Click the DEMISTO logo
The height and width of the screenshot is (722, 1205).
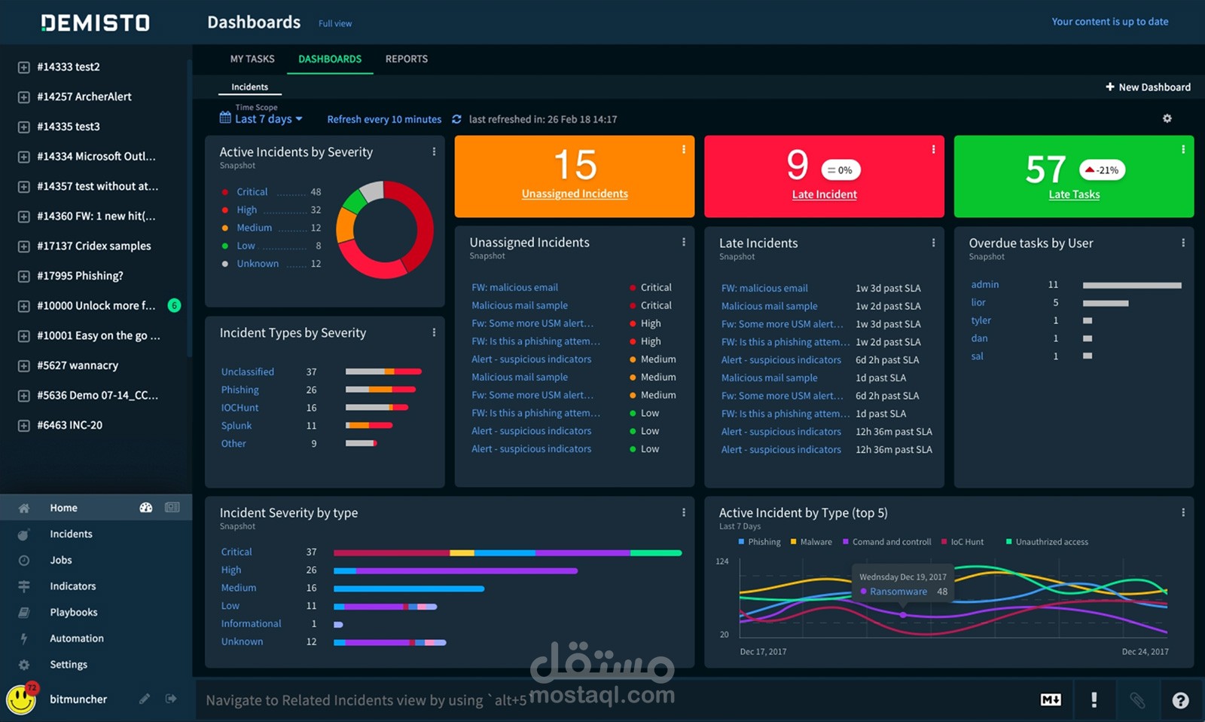coord(95,23)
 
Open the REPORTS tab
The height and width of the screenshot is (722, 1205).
coord(406,59)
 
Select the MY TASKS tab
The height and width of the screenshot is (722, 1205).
coord(252,59)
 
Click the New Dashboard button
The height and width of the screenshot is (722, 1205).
coord(1148,87)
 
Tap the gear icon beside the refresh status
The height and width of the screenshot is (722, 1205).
coord(1167,118)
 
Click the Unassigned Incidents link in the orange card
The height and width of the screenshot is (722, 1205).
coord(575,193)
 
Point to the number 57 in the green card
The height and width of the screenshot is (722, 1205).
coord(1045,169)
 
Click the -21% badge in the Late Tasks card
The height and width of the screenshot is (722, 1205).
coord(1103,170)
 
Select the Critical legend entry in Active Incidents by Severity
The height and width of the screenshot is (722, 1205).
coord(252,191)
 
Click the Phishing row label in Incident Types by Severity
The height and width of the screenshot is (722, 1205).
coord(240,390)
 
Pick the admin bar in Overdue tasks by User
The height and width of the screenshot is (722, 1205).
coord(1132,285)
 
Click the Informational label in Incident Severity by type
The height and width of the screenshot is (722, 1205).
coord(251,623)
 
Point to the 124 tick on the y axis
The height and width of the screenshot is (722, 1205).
coord(722,561)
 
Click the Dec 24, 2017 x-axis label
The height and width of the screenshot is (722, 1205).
coord(1145,651)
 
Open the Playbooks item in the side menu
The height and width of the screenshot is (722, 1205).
coord(74,612)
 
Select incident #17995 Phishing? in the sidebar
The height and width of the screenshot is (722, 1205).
coord(80,276)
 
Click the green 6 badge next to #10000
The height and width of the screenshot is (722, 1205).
coord(174,305)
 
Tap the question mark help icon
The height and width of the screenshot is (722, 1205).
coord(1180,700)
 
